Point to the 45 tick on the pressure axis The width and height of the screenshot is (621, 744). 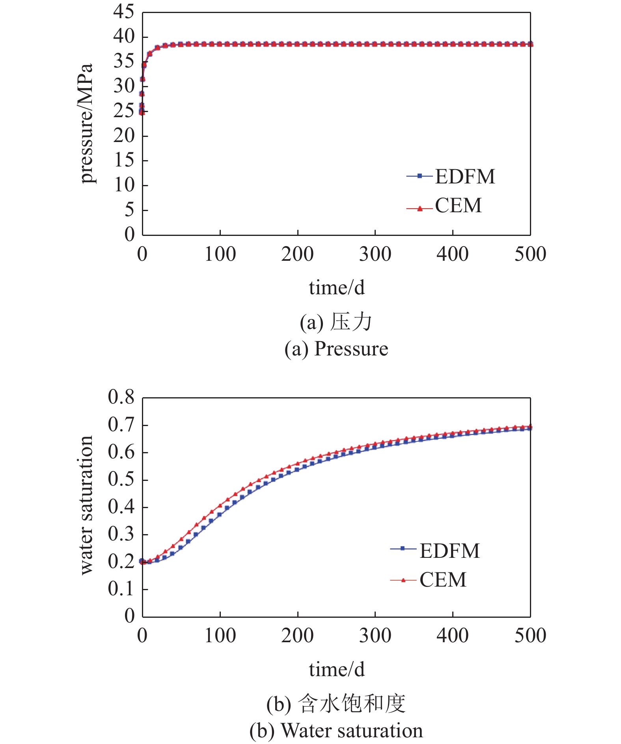tap(124, 12)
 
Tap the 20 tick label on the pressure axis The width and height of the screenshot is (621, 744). tap(124, 136)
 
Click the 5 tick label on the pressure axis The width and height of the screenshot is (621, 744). tap(129, 210)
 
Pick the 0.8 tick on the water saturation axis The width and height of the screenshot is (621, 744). tap(121, 397)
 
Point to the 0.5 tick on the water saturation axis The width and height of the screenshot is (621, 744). tap(121, 479)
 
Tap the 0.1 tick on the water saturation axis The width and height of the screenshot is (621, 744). tap(121, 589)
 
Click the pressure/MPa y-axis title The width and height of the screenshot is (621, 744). tap(86, 123)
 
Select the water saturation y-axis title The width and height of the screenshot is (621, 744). tap(86, 506)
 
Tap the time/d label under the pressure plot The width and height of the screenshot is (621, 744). tap(336, 288)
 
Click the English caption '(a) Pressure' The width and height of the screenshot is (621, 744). tap(336, 349)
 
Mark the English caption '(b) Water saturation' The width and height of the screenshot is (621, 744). tap(336, 731)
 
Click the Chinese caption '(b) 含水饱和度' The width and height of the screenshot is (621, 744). tap(336, 704)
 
